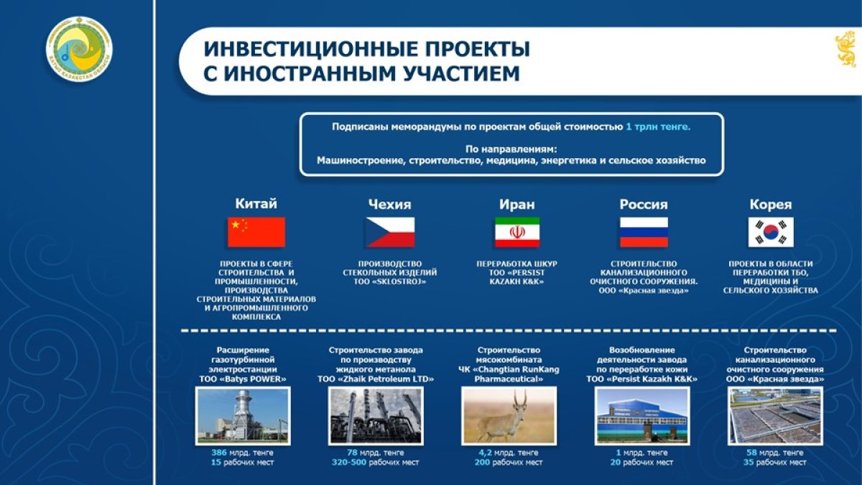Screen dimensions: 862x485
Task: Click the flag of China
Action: point(256,232)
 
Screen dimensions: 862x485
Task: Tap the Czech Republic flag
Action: point(390,232)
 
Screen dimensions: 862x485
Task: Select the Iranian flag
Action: point(516,232)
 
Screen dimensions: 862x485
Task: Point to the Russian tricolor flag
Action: point(644,232)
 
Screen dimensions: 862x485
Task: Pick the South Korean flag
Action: point(771,232)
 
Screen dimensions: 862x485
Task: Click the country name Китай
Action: point(256,203)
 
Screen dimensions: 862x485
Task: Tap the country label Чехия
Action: point(390,204)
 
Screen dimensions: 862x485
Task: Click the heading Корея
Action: point(771,204)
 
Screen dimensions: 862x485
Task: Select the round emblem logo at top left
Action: point(79,49)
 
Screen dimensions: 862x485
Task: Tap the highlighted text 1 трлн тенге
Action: point(658,126)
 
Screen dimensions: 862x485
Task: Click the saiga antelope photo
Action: point(509,416)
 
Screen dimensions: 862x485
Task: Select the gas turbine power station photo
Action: point(243,416)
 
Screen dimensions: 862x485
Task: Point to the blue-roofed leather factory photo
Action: point(642,416)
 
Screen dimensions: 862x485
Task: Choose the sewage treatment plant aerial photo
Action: point(775,416)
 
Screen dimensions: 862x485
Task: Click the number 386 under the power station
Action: point(219,452)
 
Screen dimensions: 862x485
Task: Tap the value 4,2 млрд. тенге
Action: point(509,452)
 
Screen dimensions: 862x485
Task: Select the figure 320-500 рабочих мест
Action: point(376,462)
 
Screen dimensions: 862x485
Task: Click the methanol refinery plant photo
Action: point(376,416)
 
